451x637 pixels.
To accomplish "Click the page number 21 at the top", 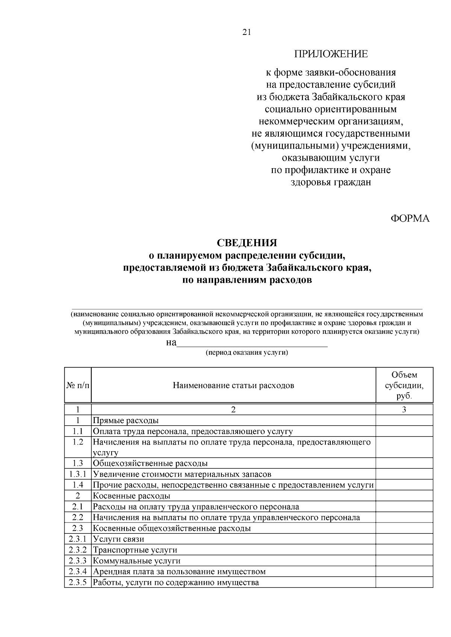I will [x=247, y=32].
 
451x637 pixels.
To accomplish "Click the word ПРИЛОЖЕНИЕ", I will [x=331, y=54].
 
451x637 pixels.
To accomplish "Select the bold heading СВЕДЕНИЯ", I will [x=247, y=243].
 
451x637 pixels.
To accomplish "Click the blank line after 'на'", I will [x=252, y=343].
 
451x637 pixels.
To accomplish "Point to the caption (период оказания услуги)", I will [x=247, y=353].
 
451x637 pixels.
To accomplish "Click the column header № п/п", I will [x=78, y=386].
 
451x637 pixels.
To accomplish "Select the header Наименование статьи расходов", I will [x=233, y=386].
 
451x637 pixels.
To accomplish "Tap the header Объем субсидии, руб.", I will [x=404, y=386].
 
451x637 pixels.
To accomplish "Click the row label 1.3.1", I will [x=78, y=474].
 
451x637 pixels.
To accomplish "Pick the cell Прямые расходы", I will [x=126, y=420].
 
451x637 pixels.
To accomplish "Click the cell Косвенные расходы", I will [x=131, y=496].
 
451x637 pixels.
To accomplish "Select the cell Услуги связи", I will [x=118, y=539].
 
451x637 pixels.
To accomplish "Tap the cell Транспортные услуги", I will [x=135, y=550].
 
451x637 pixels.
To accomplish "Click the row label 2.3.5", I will [x=78, y=583].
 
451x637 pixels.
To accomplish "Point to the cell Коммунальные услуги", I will [x=136, y=561].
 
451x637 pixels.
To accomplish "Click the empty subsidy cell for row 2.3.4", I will [x=404, y=572].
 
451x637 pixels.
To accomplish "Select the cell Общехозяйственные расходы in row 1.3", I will [x=150, y=463].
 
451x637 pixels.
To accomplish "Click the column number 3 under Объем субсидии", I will [x=404, y=410].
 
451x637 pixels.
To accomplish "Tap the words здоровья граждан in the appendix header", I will [x=331, y=182].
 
